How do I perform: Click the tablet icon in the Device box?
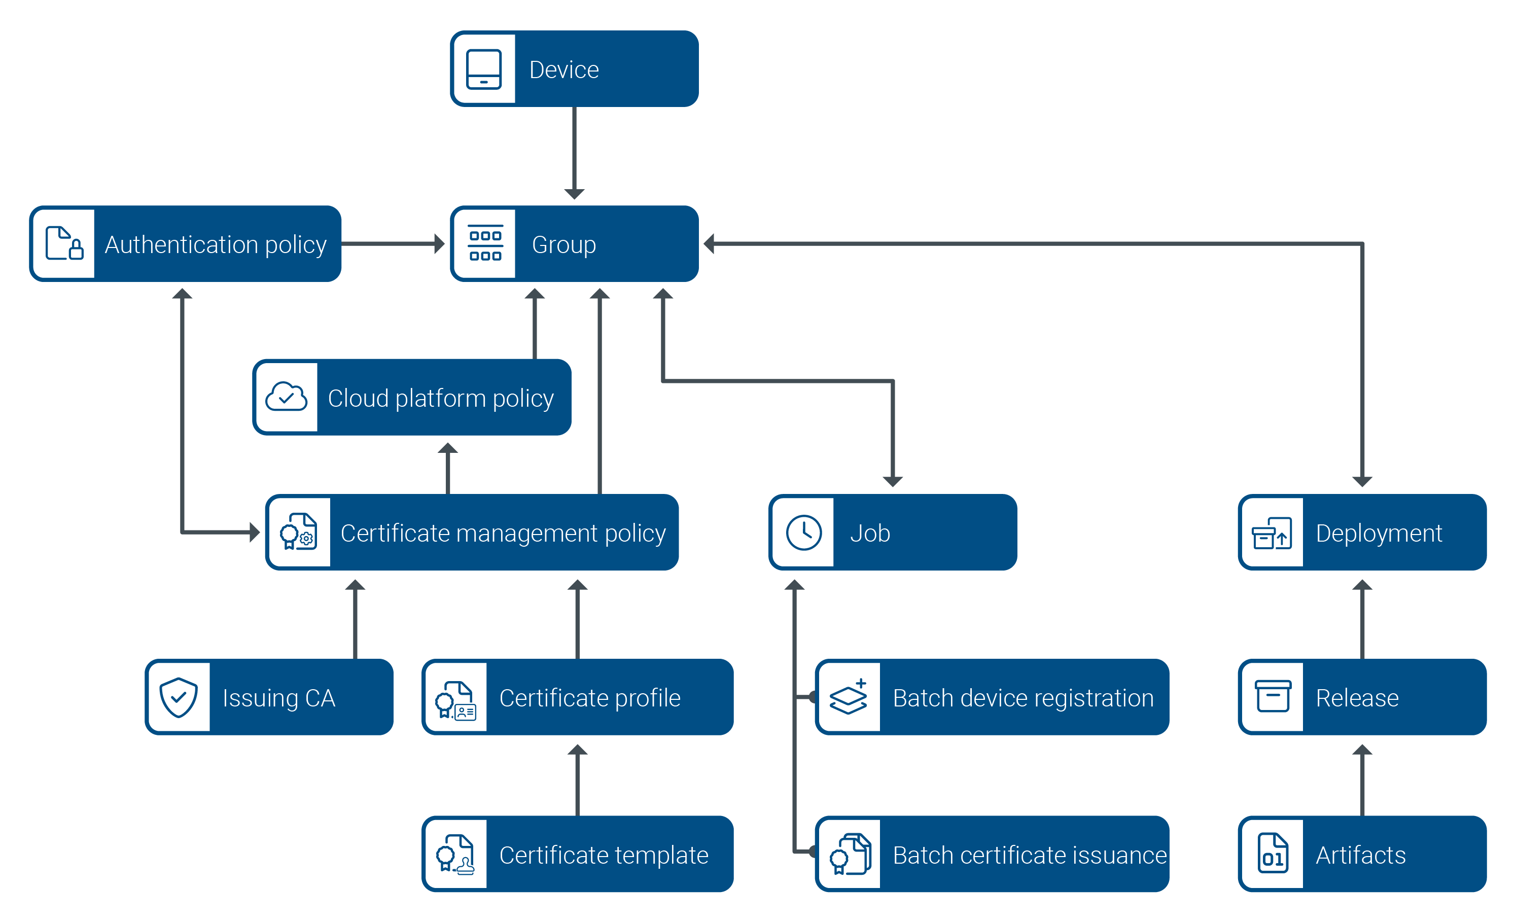pyautogui.click(x=483, y=69)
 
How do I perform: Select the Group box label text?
pyautogui.click(x=563, y=244)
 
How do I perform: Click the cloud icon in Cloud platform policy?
pyautogui.click(x=286, y=397)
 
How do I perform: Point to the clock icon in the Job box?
pyautogui.click(x=803, y=532)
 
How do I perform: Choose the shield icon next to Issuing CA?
pyautogui.click(x=179, y=697)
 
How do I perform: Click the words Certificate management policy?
pyautogui.click(x=503, y=533)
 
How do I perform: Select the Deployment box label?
pyautogui.click(x=1378, y=533)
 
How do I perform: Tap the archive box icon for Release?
pyautogui.click(x=1273, y=696)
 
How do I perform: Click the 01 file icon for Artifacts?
pyautogui.click(x=1273, y=854)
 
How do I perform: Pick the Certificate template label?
pyautogui.click(x=603, y=855)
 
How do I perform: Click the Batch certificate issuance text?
pyautogui.click(x=1029, y=855)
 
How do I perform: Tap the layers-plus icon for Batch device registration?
pyautogui.click(x=849, y=696)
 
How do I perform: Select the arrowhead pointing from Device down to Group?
pyautogui.click(x=574, y=193)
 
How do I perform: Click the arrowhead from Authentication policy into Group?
pyautogui.click(x=439, y=243)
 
